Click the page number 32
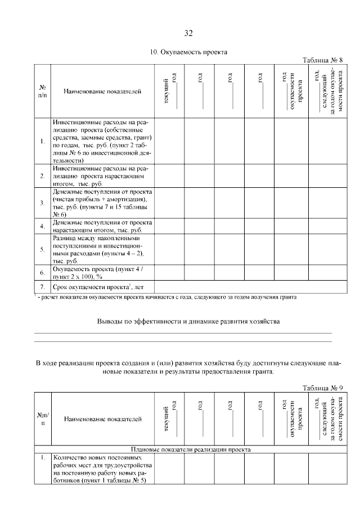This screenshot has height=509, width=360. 188,32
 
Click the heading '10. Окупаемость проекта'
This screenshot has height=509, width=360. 188,52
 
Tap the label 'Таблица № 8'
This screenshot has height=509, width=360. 322,60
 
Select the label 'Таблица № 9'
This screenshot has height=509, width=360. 322,388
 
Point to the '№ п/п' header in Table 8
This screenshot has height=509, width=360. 42,91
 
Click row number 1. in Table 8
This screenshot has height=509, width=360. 42,141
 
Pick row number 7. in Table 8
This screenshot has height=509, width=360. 42,287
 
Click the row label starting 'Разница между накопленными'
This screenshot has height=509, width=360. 97,250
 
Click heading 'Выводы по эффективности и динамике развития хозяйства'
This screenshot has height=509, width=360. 188,321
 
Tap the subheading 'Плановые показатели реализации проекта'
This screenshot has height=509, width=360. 190,449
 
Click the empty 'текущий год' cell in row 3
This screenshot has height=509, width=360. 170,203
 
